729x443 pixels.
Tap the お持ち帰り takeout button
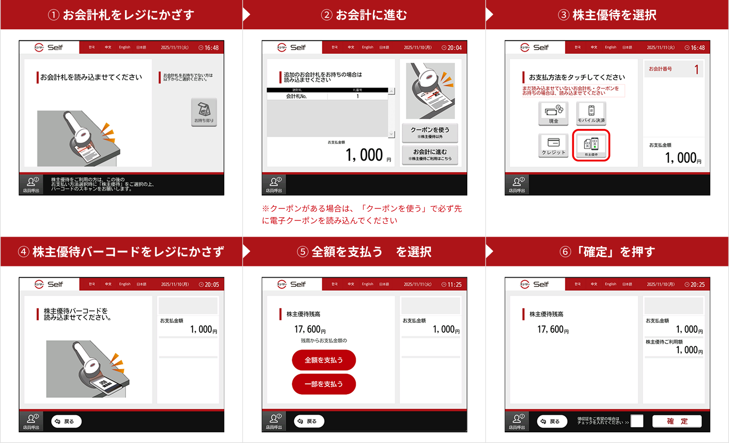(x=204, y=112)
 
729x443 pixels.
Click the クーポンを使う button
(x=430, y=132)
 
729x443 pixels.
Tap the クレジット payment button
(x=553, y=145)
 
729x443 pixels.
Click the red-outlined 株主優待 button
(x=591, y=145)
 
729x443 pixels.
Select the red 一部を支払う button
(x=324, y=384)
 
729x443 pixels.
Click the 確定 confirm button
(x=677, y=421)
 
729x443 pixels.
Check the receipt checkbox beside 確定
(x=637, y=421)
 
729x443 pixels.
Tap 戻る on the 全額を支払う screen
(x=309, y=421)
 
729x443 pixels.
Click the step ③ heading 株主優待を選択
(x=607, y=15)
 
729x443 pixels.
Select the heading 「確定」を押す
(x=607, y=252)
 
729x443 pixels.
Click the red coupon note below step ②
(x=362, y=214)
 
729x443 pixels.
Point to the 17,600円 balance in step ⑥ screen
(x=553, y=330)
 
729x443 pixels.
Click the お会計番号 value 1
(x=697, y=69)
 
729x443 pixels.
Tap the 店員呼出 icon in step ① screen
(x=31, y=184)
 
